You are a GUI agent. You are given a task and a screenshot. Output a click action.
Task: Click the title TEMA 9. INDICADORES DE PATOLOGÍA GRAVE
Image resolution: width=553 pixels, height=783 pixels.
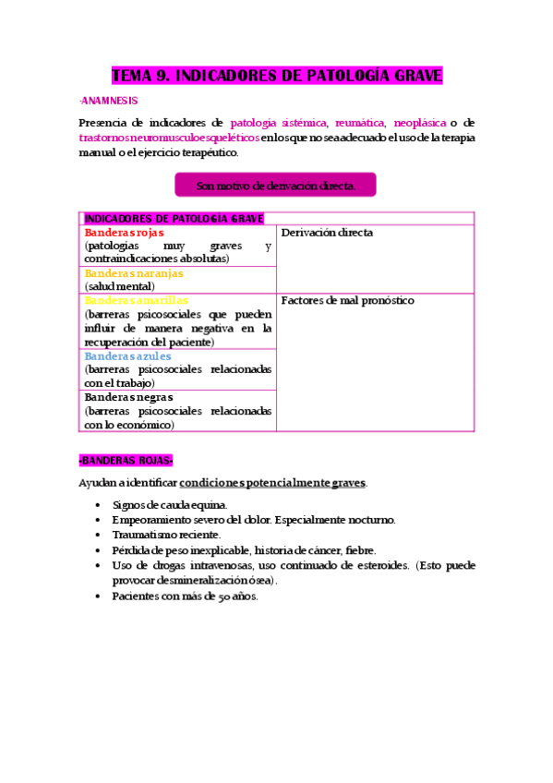277,75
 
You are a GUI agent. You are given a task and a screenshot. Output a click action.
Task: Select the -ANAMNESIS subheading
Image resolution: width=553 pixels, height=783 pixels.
108,100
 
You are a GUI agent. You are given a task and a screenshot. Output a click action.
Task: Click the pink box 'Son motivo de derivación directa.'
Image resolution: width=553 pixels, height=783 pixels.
275,186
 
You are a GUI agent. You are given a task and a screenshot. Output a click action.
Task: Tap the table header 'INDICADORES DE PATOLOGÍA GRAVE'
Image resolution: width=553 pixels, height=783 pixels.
174,219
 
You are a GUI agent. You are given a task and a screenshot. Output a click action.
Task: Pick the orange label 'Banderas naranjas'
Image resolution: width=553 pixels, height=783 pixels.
134,273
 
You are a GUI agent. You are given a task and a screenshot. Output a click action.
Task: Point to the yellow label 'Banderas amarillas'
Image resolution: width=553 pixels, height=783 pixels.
136,300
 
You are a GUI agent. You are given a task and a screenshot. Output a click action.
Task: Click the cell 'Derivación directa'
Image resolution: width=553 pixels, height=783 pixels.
326,233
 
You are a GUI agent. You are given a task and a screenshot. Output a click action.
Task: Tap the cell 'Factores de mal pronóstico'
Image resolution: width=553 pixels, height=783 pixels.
347,300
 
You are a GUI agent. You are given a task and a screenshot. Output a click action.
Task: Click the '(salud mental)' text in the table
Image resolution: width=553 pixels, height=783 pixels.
121,286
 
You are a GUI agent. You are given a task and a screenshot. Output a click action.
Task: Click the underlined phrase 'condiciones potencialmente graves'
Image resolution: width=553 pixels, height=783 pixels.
272,483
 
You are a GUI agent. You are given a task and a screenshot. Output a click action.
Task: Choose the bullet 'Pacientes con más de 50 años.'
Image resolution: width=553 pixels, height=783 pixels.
185,596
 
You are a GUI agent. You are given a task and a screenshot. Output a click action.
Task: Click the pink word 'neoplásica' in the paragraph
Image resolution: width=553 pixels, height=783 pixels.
420,123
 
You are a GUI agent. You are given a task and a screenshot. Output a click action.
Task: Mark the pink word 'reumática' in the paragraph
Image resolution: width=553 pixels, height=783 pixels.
361,123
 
